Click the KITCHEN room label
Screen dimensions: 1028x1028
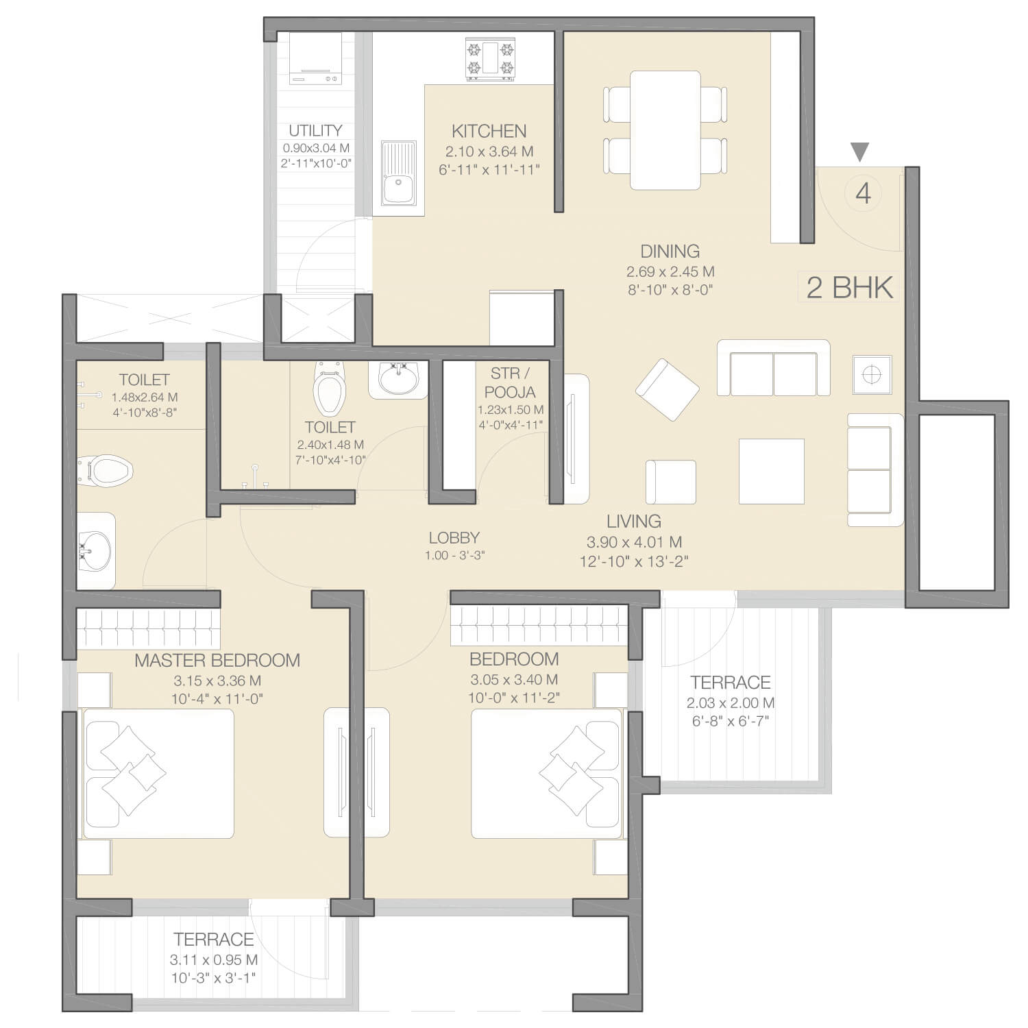489,131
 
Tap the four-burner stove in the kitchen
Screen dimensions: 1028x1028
490,60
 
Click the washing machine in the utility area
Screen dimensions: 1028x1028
315,58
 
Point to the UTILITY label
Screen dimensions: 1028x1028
315,130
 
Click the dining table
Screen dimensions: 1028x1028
665,130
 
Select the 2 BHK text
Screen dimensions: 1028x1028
850,287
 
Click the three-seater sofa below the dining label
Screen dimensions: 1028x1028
774,368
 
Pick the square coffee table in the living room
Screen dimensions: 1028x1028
771,472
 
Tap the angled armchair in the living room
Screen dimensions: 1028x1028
668,389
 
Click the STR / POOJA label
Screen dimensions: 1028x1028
510,382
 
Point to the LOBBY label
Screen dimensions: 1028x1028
454,538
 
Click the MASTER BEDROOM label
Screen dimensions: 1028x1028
217,661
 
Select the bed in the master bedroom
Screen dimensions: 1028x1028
158,774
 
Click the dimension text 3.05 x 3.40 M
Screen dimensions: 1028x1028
514,680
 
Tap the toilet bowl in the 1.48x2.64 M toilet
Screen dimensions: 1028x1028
106,471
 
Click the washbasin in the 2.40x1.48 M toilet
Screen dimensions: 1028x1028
397,379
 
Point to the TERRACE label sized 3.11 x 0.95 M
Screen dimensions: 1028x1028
214,939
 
